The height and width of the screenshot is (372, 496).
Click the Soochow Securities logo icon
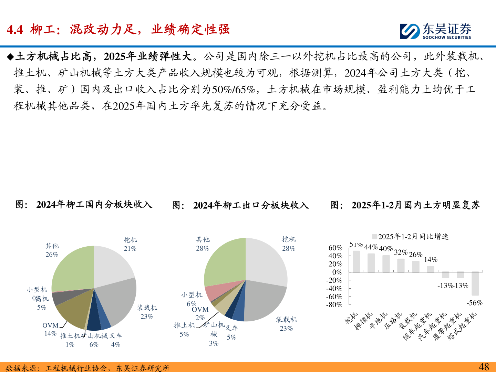[410, 31]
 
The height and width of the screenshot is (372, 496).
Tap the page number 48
[484, 366]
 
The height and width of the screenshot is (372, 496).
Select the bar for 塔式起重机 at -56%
[475, 283]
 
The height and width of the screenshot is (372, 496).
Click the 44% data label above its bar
[371, 247]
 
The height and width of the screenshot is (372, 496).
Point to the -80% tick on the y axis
[334, 305]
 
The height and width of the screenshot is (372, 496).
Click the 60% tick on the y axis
[335, 248]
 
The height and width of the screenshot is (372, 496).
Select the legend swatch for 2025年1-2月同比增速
[374, 237]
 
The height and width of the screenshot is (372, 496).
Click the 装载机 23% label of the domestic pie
[147, 312]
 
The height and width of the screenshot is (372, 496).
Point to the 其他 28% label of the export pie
[203, 244]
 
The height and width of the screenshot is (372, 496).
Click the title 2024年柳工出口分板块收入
[251, 205]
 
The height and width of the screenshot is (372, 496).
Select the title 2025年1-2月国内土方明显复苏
[415, 205]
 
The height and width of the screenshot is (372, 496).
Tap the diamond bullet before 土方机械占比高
[10, 57]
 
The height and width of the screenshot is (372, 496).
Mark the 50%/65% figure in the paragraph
[233, 90]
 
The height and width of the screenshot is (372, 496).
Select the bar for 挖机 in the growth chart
[356, 261]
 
